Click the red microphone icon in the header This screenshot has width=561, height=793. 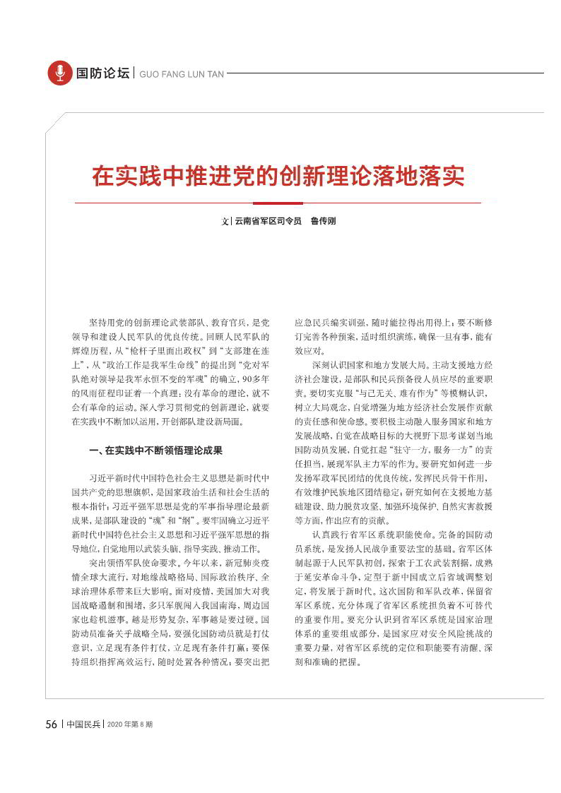pos(60,73)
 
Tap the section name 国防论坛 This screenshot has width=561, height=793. pos(103,73)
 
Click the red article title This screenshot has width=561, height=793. pos(278,177)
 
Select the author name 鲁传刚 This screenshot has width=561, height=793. pos(324,221)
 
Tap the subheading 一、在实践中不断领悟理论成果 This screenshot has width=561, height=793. pos(156,450)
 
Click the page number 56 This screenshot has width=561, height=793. pos(51,725)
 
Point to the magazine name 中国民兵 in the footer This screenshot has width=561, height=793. pos(84,725)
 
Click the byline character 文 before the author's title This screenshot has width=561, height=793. pos(225,221)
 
